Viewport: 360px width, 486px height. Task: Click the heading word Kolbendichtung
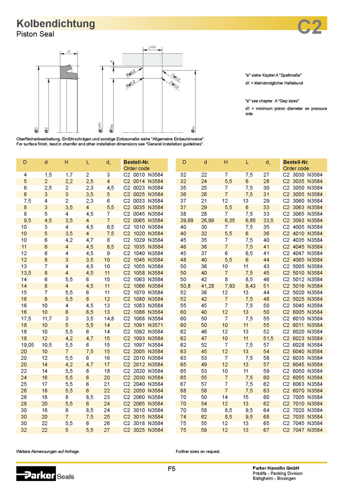(x=55, y=24)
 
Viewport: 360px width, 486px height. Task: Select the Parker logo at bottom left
(x=36, y=473)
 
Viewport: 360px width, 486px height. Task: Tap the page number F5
(x=171, y=469)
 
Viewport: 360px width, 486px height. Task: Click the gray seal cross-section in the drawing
(x=66, y=73)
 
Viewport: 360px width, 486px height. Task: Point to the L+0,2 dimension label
(x=152, y=47)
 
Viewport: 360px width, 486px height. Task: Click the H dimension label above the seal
(x=68, y=51)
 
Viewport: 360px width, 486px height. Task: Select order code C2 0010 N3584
(x=143, y=175)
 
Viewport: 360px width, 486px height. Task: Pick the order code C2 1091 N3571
(x=143, y=325)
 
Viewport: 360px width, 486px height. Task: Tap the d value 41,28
(x=207, y=286)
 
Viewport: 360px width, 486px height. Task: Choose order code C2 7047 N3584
(x=303, y=429)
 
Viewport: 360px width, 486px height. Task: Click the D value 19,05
(x=27, y=344)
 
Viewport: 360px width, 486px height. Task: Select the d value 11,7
(x=46, y=318)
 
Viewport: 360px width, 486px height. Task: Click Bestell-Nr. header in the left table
(x=136, y=162)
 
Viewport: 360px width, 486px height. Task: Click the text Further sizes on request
(x=198, y=451)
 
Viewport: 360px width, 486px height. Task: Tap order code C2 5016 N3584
(x=303, y=286)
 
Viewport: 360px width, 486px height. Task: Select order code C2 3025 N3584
(x=143, y=429)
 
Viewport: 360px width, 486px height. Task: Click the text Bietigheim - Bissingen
(x=274, y=478)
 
